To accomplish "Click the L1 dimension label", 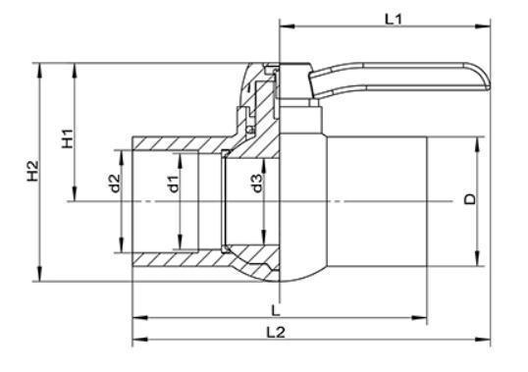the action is tap(394, 20).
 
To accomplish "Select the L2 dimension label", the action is tap(276, 333).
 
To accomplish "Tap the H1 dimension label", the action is tap(68, 138).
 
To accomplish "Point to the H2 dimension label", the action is tap(33, 171).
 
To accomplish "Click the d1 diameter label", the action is tap(173, 184).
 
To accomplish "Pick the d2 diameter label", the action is tap(115, 184).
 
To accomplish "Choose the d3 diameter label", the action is tap(257, 184).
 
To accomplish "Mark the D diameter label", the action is tap(470, 199).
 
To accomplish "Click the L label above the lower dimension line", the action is tap(276, 310).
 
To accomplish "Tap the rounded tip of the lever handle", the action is tap(489, 82).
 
